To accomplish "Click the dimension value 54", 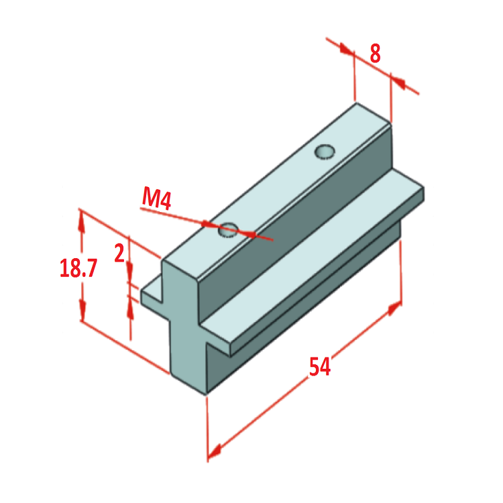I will coord(319,367).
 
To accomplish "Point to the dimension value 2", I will coord(119,254).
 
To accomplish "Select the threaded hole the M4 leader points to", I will coord(227,229).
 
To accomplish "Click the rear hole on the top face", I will coord(325,152).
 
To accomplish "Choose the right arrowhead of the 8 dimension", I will coord(397,82).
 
